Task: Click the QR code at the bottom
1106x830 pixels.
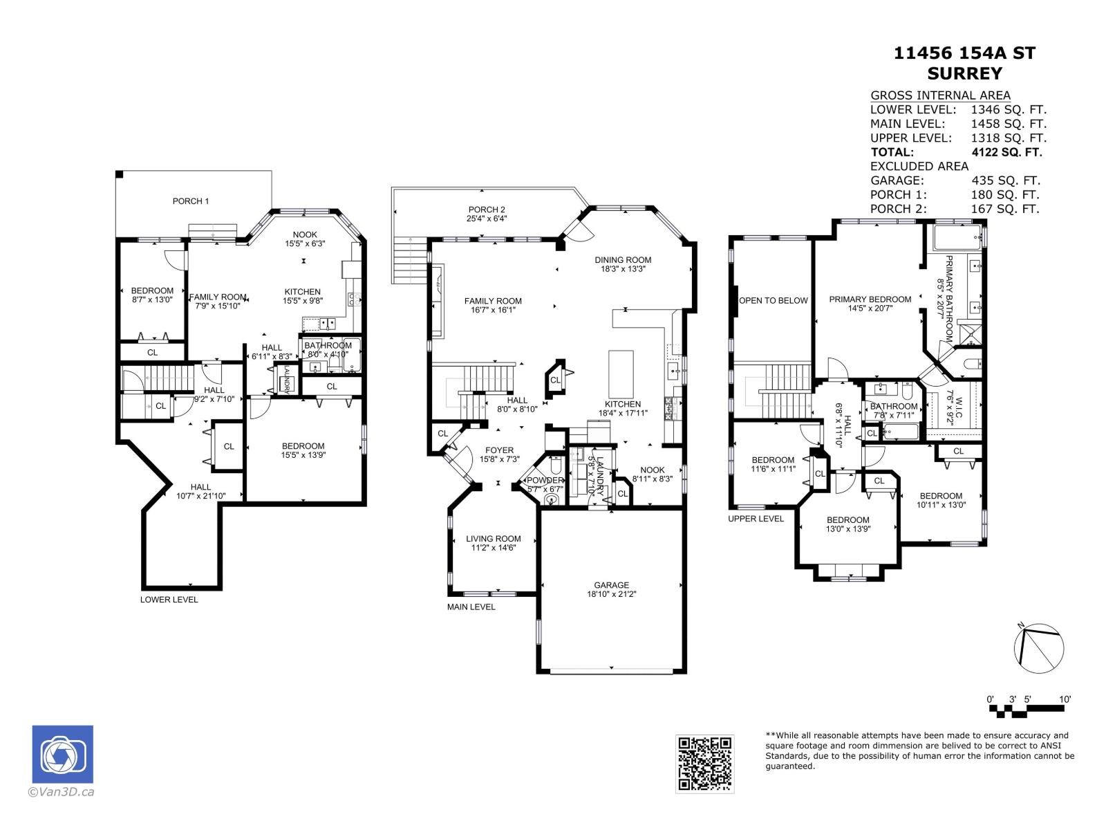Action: (704, 764)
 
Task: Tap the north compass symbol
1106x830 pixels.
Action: (1038, 648)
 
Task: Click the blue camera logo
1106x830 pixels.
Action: (63, 755)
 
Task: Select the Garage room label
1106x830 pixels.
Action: (612, 584)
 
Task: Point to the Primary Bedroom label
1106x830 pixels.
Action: (870, 299)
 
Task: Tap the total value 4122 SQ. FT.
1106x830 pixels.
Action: (1006, 152)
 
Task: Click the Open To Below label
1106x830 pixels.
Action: (774, 300)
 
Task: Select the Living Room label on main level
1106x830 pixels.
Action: (494, 539)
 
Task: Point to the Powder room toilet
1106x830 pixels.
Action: (552, 499)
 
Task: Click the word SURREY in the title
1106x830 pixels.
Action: (964, 73)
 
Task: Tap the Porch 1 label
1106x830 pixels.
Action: (191, 201)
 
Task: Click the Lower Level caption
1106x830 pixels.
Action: (169, 600)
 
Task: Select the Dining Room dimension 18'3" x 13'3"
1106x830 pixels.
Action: (623, 270)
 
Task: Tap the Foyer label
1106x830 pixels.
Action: (499, 450)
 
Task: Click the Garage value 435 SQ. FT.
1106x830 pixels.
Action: (1005, 181)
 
